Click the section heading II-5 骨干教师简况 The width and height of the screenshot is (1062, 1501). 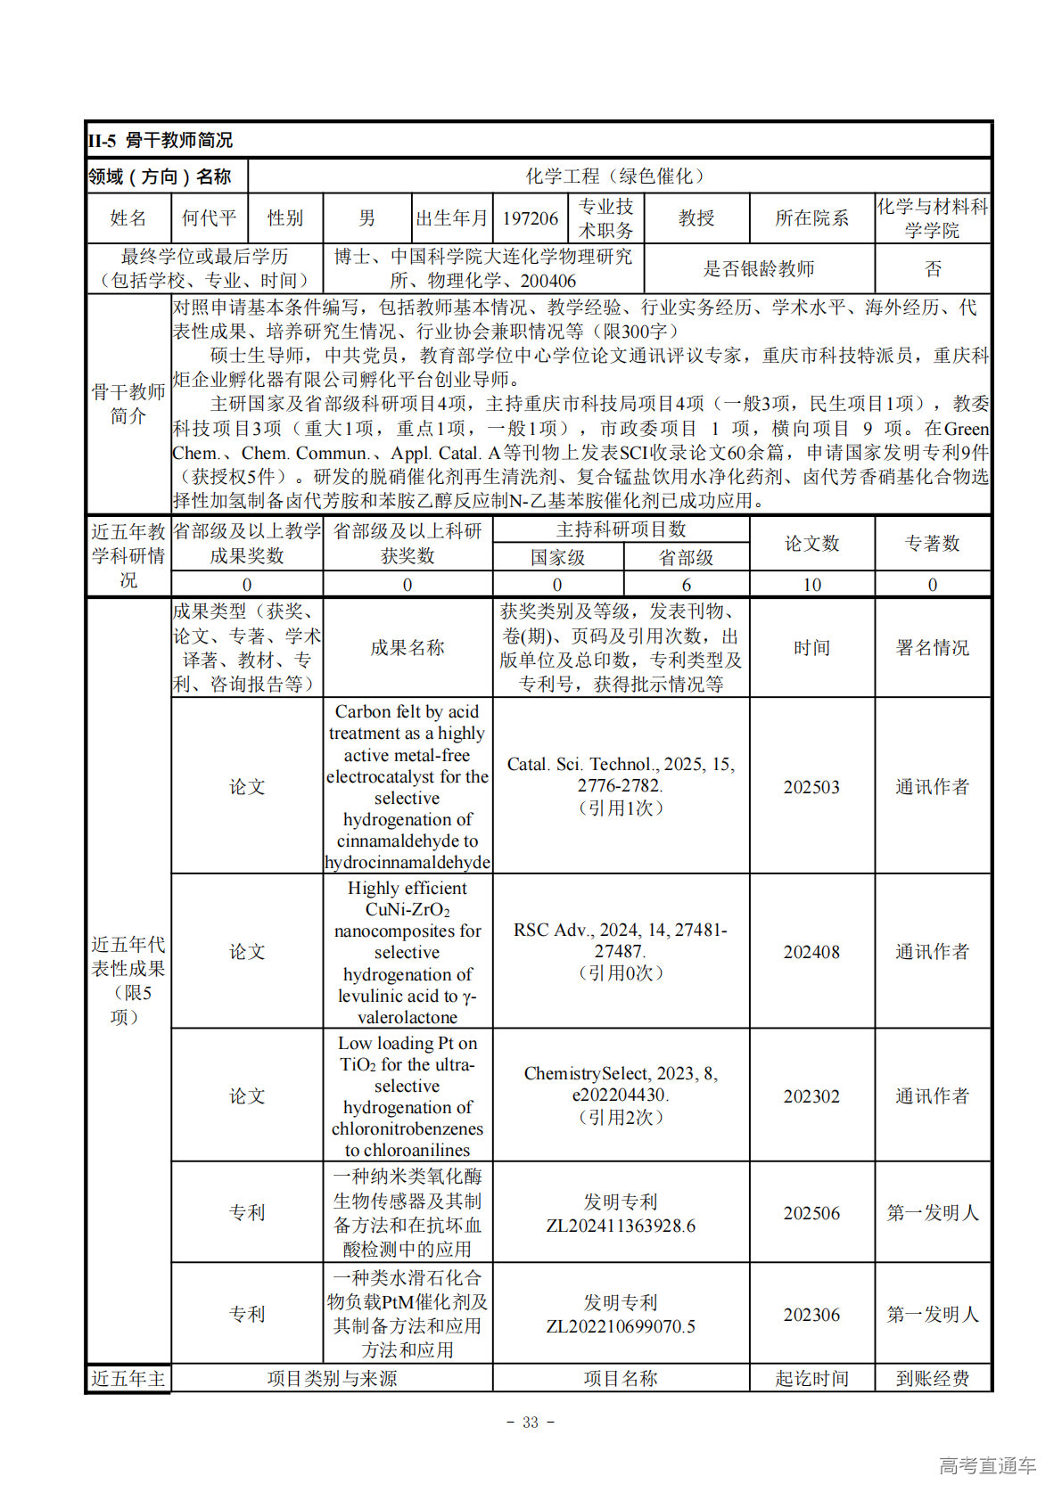[x=161, y=141]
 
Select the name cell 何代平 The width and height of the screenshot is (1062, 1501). [x=209, y=218]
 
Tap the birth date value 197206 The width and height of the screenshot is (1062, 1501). [x=530, y=218]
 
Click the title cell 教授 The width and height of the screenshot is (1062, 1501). [x=696, y=218]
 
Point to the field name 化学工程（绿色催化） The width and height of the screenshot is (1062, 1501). [x=619, y=176]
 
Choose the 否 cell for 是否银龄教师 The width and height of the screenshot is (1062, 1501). [x=933, y=268]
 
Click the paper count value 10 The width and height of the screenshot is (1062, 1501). [x=811, y=585]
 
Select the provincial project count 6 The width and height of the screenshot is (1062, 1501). [x=686, y=585]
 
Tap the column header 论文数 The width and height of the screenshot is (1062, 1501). [x=811, y=544]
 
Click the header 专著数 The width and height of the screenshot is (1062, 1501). [x=933, y=544]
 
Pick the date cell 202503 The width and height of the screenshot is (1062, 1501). [x=811, y=787]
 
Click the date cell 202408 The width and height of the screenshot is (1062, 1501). [x=811, y=952]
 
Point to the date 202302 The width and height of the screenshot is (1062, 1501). [x=811, y=1096]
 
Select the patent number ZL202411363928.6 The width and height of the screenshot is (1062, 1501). [x=621, y=1226]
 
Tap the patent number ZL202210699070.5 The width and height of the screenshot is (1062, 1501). [x=621, y=1326]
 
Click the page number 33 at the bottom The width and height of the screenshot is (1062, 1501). [x=531, y=1423]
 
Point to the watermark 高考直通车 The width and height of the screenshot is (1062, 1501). [x=987, y=1466]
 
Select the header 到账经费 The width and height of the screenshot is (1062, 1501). [x=933, y=1379]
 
